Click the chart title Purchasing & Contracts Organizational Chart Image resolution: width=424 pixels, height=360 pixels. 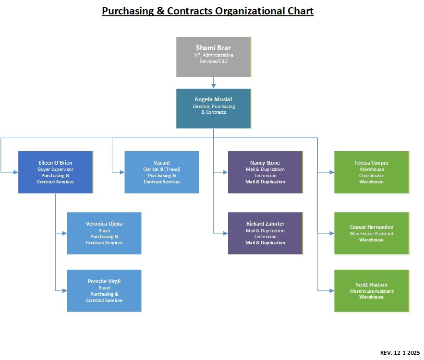click(207, 11)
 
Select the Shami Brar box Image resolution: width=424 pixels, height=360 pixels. click(213, 57)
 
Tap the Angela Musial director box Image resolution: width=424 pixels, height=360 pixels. click(213, 108)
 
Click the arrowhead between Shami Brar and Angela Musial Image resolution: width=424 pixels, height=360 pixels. click(214, 86)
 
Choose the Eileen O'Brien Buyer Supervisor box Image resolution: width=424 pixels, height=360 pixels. click(55, 172)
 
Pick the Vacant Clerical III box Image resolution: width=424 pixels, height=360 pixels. click(161, 172)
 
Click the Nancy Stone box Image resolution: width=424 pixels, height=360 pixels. click(265, 172)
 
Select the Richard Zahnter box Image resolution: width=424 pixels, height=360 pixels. click(265, 233)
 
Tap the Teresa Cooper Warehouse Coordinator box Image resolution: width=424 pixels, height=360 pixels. click(371, 172)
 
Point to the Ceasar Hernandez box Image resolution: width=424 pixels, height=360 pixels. click(371, 233)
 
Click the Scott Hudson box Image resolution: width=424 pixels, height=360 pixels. click(371, 291)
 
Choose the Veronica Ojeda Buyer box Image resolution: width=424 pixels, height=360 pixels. click(104, 233)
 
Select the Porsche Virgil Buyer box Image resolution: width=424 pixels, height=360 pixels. click(104, 291)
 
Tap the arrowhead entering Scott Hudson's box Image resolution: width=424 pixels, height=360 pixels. click(331, 291)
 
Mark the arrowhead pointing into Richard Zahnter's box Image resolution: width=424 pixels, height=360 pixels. click(225, 233)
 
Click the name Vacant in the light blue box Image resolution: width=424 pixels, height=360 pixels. click(161, 163)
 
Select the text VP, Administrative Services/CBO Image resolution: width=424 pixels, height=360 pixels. click(214, 58)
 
